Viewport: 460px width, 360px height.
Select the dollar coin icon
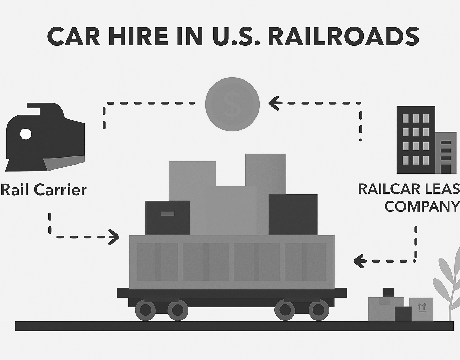pos(232,104)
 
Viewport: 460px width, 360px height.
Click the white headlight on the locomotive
pos(26,134)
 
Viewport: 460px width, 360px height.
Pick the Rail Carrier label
pos(44,190)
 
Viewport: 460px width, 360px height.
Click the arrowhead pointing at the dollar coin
pos(274,103)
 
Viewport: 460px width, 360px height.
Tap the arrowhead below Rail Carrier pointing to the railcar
pos(114,237)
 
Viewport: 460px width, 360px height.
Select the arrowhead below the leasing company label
pos(359,261)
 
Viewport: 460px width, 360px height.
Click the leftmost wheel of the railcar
pos(145,310)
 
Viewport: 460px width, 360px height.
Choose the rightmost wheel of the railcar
pos(319,310)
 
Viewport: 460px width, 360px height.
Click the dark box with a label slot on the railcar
pos(168,218)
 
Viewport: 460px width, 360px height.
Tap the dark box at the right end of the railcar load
pos(293,214)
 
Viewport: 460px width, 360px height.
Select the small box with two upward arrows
pos(421,309)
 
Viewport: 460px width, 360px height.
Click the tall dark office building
pos(416,140)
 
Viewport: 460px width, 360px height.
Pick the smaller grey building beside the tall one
pos(446,153)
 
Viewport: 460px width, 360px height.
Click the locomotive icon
pos(45,137)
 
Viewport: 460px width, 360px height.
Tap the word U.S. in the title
pos(227,37)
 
